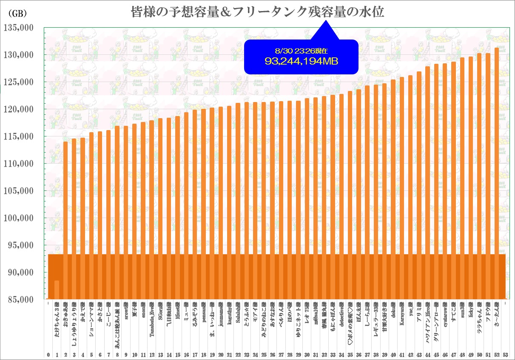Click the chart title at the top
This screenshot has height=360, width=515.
tap(257, 11)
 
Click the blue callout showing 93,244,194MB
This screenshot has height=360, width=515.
tap(302, 57)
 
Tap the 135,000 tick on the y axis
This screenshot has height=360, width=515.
tap(18, 28)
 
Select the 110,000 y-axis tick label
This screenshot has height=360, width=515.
tap(18, 164)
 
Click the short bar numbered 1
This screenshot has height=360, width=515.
tap(57, 289)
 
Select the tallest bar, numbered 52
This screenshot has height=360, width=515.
tap(497, 170)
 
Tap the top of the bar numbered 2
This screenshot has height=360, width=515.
tap(65, 142)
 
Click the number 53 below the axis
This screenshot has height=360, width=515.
tap(505, 354)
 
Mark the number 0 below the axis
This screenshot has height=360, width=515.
tap(48, 354)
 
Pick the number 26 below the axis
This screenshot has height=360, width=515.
tap(273, 354)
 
